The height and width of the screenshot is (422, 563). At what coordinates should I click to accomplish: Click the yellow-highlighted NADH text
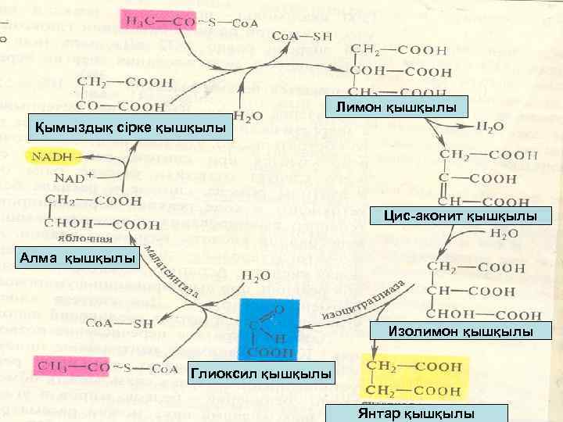[x=52, y=156]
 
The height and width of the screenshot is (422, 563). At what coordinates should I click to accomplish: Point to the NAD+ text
[x=74, y=177]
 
